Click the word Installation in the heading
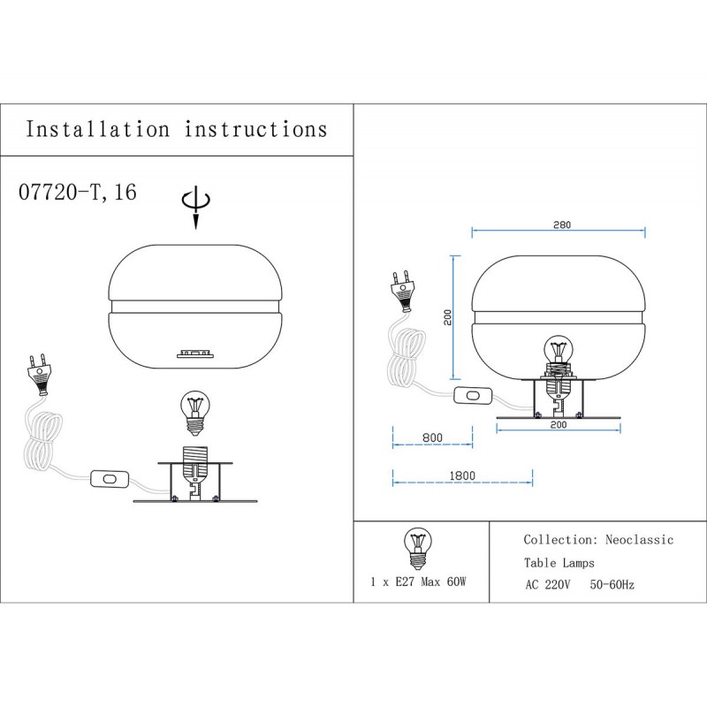[x=97, y=129]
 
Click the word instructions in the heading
[x=255, y=129]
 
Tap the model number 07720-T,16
[x=77, y=192]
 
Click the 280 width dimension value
[x=559, y=225]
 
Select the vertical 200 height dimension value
[x=448, y=317]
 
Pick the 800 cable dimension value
[x=432, y=437]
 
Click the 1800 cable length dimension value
[x=461, y=475]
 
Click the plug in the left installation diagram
[x=40, y=376]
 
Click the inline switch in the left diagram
[x=110, y=480]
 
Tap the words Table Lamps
[x=559, y=562]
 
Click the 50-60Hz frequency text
[x=612, y=585]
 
